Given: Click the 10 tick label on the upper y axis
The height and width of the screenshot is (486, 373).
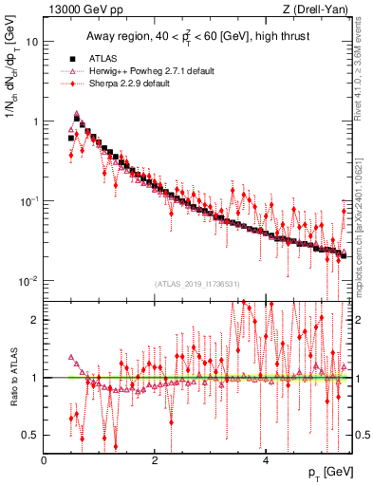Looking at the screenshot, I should tap(32, 42).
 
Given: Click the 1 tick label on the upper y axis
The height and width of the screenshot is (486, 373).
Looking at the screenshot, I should tap(35, 121).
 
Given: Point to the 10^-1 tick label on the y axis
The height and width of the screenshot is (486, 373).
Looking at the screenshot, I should tap(29, 201).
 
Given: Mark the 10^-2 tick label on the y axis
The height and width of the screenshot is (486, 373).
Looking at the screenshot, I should tap(29, 281).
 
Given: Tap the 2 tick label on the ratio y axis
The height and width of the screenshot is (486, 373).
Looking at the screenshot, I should tap(35, 320).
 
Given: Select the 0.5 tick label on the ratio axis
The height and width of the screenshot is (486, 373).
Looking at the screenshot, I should tap(31, 435).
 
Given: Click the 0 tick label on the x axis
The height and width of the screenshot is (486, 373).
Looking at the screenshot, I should tap(45, 460).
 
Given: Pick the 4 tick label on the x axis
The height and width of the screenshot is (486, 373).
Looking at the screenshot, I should tap(266, 460).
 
